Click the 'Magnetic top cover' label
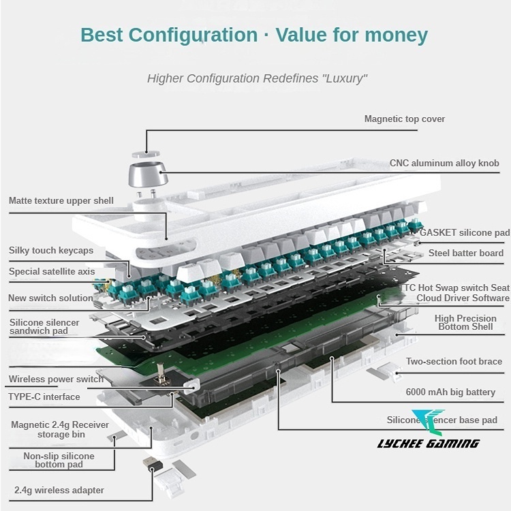point(404,119)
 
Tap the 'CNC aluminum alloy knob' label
point(444,164)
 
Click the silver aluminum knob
point(144,175)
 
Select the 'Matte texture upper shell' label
point(61,201)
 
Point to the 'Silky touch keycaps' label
point(51,251)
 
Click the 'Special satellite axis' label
point(52,272)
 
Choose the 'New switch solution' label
point(50,298)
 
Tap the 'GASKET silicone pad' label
point(465,233)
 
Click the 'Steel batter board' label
point(466,253)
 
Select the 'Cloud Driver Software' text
point(463,298)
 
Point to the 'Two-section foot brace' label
point(454,362)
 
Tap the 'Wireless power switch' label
point(56,380)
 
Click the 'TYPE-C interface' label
point(44,397)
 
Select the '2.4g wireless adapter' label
point(59,490)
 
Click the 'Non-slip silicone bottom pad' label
point(59,460)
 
